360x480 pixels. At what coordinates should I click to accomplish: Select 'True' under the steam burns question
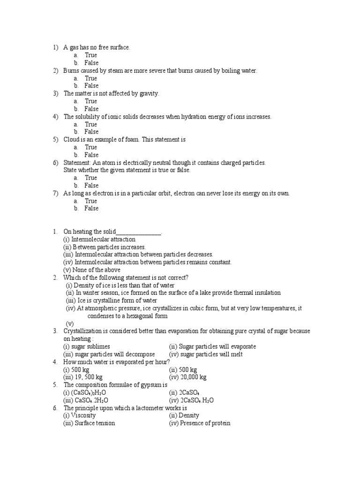point(90,78)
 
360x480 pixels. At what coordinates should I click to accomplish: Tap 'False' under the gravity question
point(91,109)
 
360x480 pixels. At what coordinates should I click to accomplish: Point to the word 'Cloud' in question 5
point(72,140)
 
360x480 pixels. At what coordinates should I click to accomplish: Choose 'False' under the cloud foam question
point(91,155)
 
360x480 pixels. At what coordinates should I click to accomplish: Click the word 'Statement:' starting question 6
point(78,163)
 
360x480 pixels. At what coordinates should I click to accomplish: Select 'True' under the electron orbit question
point(90,201)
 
